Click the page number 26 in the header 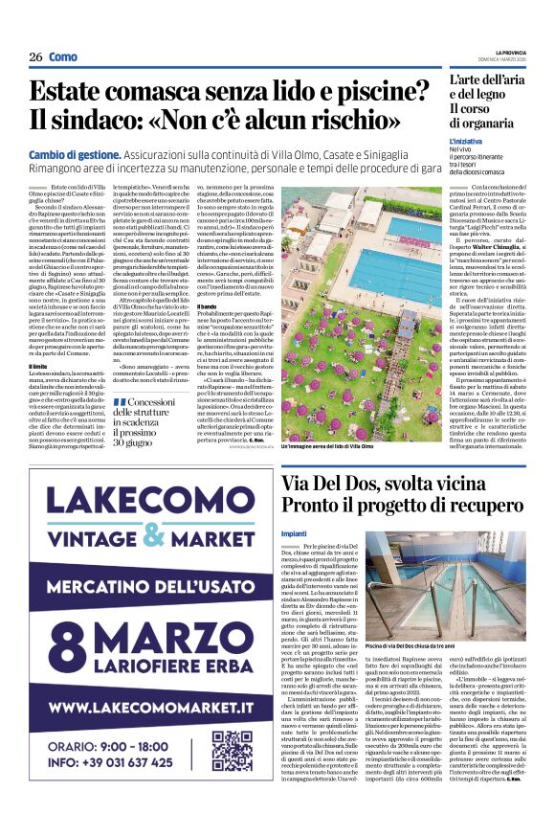tap(35, 57)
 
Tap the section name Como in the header tap(63, 57)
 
